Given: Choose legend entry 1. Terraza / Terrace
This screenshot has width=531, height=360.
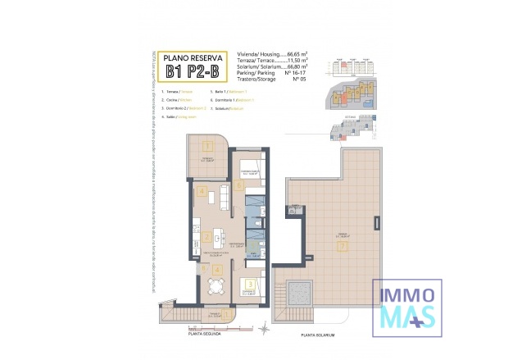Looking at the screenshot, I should pos(179,92).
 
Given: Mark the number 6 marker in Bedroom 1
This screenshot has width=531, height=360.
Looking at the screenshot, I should pos(238,185).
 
